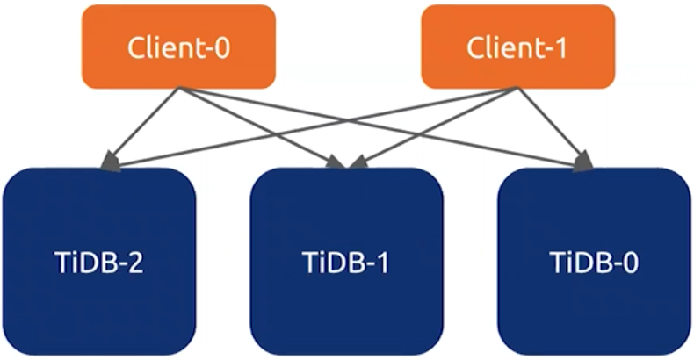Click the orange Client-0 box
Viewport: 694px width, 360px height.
(179, 47)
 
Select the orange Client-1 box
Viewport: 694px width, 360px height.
(517, 47)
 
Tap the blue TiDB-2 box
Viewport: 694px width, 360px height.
(98, 261)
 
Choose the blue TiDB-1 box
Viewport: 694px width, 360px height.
(346, 261)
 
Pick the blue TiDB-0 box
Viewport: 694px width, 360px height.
(594, 261)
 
